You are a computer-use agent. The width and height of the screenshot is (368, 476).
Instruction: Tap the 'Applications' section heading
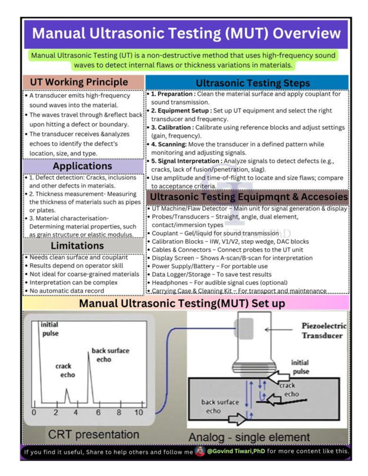82,166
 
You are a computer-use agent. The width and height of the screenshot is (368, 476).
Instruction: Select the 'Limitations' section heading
77,246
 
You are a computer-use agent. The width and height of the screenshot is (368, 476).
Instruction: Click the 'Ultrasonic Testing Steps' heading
253,83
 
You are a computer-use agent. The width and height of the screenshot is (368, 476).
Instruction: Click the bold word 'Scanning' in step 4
172,144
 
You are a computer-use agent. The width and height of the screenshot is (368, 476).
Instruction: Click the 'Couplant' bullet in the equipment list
165,233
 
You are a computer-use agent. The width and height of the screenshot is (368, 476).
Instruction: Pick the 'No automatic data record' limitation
67,291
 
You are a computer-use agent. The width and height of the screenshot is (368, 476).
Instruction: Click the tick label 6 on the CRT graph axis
98,413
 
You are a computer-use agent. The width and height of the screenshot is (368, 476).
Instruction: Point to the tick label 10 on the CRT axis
139,413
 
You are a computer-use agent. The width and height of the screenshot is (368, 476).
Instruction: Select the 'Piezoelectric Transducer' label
324,331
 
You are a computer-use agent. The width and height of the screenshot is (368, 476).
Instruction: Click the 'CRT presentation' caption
94,435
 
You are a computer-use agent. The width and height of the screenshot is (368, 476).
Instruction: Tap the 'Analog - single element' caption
249,437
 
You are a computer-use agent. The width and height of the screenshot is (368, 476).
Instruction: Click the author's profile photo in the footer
200,451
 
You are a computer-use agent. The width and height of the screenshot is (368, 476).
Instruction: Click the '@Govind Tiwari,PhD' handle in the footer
236,451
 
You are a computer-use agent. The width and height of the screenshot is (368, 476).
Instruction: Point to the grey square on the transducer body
244,328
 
